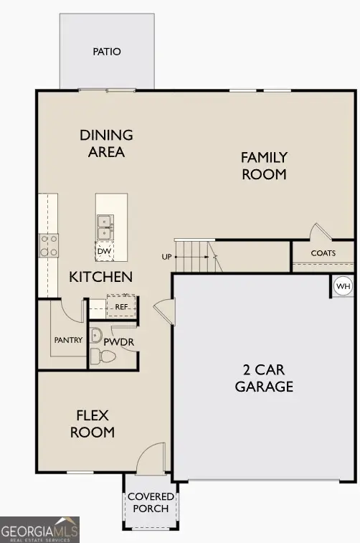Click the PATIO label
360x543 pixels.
tap(107, 52)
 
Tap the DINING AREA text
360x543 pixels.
tap(106, 143)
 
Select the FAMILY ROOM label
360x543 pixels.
tap(264, 166)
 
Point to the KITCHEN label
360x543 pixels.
tap(100, 277)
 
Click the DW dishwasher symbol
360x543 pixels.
tap(105, 251)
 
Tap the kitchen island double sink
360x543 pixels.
tap(105, 227)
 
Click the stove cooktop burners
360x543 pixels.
tap(49, 245)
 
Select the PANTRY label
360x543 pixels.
tap(68, 340)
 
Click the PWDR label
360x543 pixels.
tap(119, 341)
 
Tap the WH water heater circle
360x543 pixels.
tap(344, 287)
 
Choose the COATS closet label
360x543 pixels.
tap(323, 253)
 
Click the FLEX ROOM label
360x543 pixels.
tap(95, 423)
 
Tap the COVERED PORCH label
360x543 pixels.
tap(151, 502)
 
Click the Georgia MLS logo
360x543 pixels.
tap(39, 530)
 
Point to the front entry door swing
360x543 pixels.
tap(152, 458)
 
